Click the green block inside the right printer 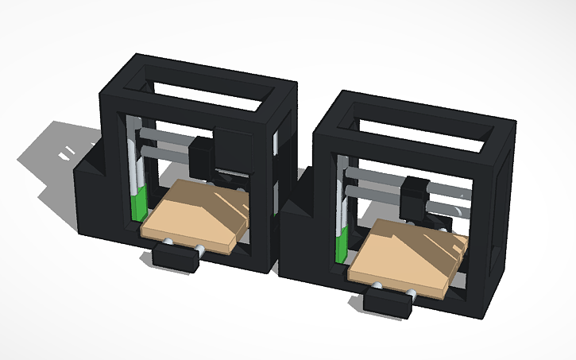342,243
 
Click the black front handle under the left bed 174,259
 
